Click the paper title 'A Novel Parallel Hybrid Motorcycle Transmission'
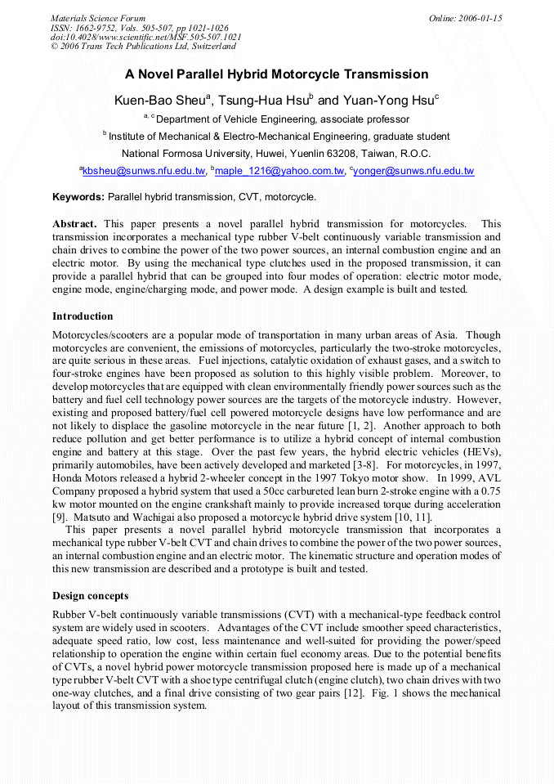coord(276,74)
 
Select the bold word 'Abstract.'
coord(75,223)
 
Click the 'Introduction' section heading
coord(83,316)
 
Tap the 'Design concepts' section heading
coord(90,595)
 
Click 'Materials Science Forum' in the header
coord(98,18)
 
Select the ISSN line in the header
coord(139,28)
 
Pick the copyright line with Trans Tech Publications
coord(143,47)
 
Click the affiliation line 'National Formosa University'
coord(276,153)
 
